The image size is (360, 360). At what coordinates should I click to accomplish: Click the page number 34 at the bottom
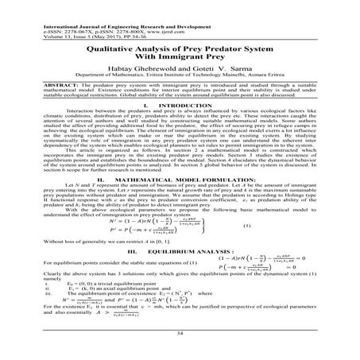[180, 335]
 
